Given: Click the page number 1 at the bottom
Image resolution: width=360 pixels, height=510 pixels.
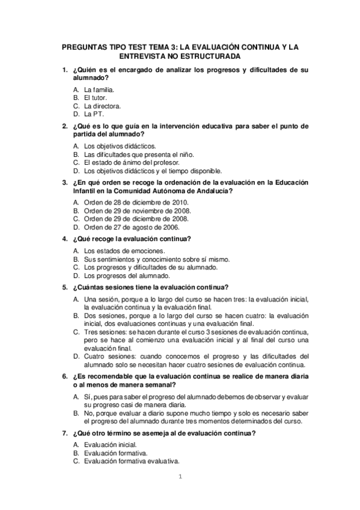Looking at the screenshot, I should [179, 478].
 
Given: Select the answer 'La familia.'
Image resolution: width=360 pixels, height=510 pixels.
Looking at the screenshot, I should [99, 89].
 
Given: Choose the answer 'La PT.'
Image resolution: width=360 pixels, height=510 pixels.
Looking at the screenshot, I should [93, 114].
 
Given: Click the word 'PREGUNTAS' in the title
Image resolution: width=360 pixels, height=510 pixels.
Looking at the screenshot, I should [87, 46].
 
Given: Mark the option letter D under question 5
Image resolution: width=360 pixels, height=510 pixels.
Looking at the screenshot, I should [76, 355].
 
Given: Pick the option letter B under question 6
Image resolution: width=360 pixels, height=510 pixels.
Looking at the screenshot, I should [76, 413].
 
